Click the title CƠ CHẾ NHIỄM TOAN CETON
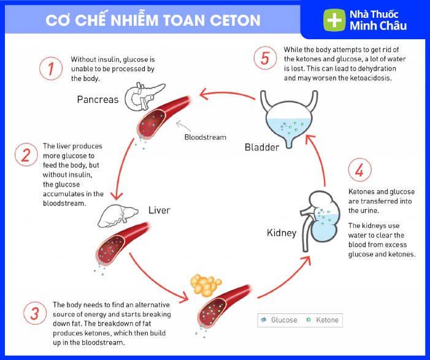pos(153,20)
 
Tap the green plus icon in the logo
pos(334,20)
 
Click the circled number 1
pos(52,69)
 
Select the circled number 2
pos(26,155)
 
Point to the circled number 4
pos(359,170)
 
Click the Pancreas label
pos(98,99)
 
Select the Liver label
pos(159,210)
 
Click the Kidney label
pos(282,233)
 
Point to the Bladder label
pos(262,147)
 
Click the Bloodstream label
pos(205,137)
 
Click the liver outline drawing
pos(120,214)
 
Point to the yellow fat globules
pos(204,286)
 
